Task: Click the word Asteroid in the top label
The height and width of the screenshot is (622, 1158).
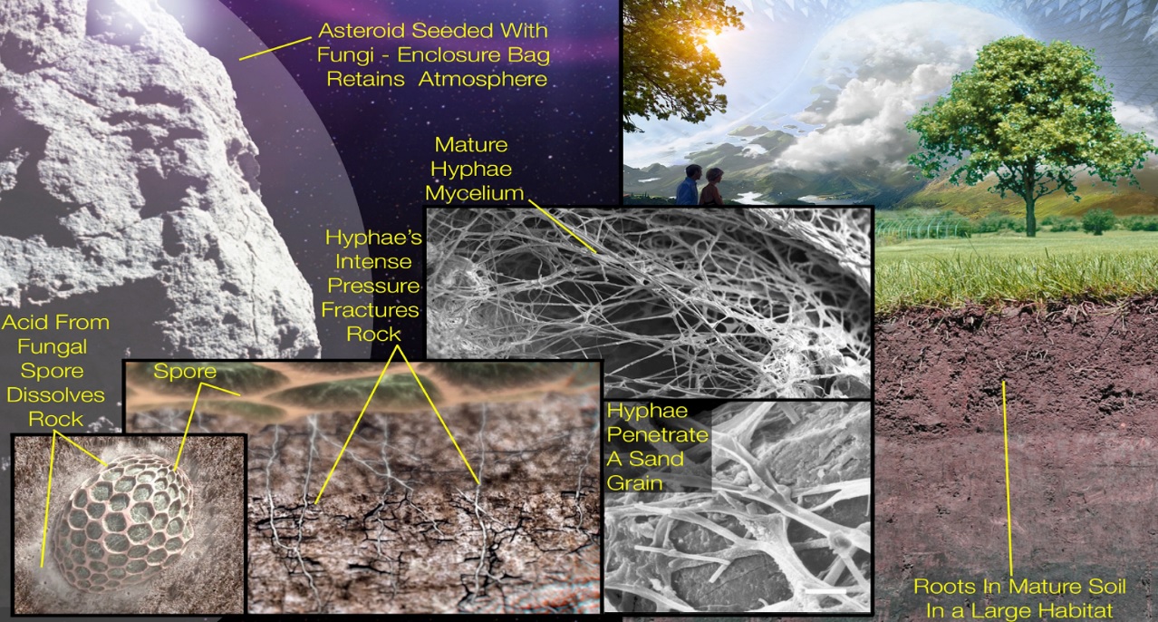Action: click(358, 30)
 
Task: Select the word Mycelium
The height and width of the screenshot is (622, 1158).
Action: click(478, 192)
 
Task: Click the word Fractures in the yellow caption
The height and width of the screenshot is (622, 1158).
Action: click(371, 310)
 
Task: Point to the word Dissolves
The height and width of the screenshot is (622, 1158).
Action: click(54, 395)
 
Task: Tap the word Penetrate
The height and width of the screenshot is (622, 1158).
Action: click(657, 435)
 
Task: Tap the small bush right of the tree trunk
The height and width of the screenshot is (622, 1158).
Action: click(1098, 220)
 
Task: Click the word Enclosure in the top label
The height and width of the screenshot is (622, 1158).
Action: click(449, 55)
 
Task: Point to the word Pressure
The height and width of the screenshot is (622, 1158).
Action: click(371, 287)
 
